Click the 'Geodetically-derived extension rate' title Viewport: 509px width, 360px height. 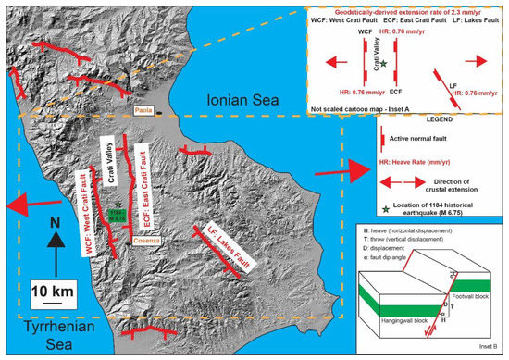(x=405, y=8)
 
